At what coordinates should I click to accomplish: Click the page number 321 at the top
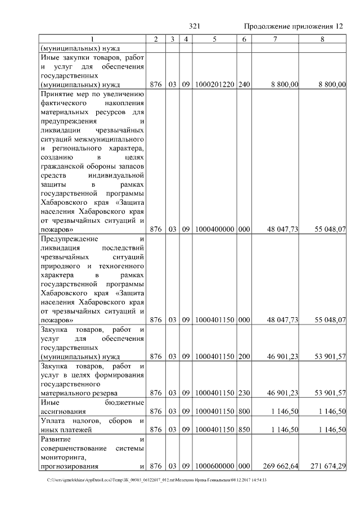pos(195,26)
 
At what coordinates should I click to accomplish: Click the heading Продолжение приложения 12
pos(294,26)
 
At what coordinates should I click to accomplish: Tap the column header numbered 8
pos(322,39)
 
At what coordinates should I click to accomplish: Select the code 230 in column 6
pos(244,393)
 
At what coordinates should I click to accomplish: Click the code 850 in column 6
pos(244,429)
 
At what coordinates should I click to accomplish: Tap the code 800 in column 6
pos(244,411)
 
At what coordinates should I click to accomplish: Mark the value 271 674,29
pos(327,466)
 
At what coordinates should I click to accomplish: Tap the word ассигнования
pos(63,411)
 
